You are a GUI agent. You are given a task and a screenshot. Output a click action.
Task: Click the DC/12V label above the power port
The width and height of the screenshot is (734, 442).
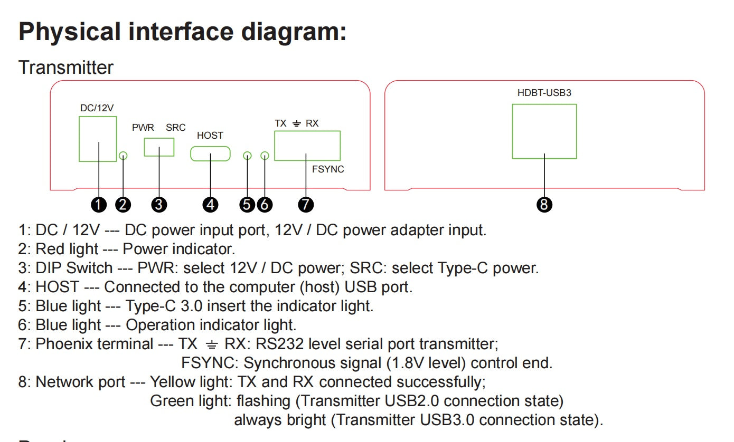click(x=97, y=108)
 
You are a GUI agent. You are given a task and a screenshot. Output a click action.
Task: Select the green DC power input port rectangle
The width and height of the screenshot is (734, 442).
click(x=98, y=139)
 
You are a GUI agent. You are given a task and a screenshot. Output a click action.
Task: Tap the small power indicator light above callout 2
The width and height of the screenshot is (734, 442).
click(x=123, y=156)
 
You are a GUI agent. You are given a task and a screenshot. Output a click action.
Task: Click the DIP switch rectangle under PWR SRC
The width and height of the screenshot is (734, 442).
click(x=159, y=147)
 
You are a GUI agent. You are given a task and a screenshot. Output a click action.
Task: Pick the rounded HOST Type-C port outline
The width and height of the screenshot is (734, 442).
click(x=210, y=153)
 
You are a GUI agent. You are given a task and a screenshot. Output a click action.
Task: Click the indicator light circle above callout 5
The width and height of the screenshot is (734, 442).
click(x=247, y=156)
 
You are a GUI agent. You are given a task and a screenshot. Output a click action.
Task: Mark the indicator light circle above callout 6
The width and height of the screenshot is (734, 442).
click(x=265, y=156)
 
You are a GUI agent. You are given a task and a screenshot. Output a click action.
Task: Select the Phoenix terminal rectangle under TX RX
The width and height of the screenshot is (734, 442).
click(x=307, y=146)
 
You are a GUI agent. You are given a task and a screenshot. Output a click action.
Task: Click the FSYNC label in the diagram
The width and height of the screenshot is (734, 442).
click(x=327, y=169)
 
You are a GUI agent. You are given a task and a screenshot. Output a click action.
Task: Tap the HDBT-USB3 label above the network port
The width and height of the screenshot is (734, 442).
click(x=544, y=93)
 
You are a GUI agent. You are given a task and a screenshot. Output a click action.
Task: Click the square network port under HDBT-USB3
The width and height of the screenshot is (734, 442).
click(x=544, y=131)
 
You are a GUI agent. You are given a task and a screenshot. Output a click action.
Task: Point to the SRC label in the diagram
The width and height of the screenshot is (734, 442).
click(x=175, y=128)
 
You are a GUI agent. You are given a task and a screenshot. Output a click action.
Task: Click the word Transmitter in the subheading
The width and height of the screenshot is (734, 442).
click(x=66, y=68)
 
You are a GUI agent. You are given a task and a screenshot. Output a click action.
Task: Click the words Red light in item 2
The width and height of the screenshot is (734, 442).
click(x=67, y=249)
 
